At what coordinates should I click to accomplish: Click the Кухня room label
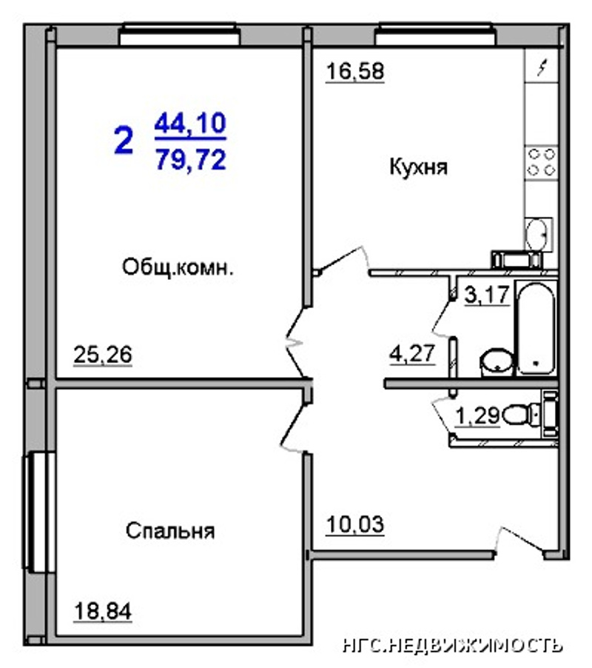(x=418, y=167)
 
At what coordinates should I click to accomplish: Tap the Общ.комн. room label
(x=178, y=267)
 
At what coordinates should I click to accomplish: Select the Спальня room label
(x=170, y=531)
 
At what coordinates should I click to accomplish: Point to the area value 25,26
(x=103, y=355)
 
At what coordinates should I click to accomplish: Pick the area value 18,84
(x=103, y=611)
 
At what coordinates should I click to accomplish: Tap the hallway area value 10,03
(x=355, y=524)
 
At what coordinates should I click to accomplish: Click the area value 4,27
(x=412, y=353)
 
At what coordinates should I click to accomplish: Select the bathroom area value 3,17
(x=487, y=295)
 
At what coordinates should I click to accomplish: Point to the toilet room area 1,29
(x=477, y=415)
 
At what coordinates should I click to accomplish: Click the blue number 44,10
(x=190, y=124)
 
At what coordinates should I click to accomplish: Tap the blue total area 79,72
(x=190, y=160)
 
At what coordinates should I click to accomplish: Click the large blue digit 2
(x=124, y=141)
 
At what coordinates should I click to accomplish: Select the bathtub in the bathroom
(x=536, y=329)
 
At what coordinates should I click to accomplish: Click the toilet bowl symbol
(x=519, y=415)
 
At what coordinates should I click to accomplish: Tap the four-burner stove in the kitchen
(x=542, y=162)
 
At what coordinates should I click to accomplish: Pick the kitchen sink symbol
(x=539, y=234)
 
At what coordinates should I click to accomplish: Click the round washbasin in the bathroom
(x=497, y=363)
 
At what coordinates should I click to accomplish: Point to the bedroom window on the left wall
(x=39, y=512)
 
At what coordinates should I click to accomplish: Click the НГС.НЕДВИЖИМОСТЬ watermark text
(x=453, y=646)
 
